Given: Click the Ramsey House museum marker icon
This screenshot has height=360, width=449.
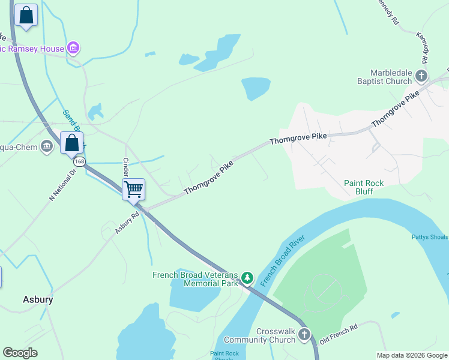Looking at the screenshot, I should pyautogui.click(x=73, y=47).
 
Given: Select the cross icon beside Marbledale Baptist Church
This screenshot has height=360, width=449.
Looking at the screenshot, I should pyautogui.click(x=421, y=76).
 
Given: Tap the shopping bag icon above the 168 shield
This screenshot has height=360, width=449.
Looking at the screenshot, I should pyautogui.click(x=71, y=143).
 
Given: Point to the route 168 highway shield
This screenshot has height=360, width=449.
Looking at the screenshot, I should pyautogui.click(x=79, y=162).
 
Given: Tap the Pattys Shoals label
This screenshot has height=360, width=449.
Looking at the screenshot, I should pyautogui.click(x=430, y=237).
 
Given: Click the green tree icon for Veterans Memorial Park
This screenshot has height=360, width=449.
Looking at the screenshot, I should pyautogui.click(x=247, y=278).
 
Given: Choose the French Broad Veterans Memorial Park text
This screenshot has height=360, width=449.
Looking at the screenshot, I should pyautogui.click(x=196, y=279).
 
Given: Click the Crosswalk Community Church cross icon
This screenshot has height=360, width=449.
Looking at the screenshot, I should pyautogui.click(x=304, y=335).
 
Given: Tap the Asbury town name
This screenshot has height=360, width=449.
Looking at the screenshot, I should pyautogui.click(x=38, y=299).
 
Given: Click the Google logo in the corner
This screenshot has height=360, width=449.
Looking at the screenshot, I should pyautogui.click(x=20, y=353).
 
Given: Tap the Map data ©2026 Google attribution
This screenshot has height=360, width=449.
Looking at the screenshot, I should pyautogui.click(x=411, y=355).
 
